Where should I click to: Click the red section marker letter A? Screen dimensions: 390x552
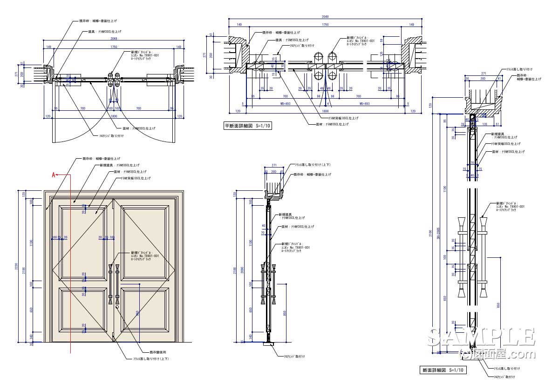tap(54, 175)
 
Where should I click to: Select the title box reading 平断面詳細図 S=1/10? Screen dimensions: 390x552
tap(247, 126)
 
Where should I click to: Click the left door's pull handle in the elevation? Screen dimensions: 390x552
tap(110, 284)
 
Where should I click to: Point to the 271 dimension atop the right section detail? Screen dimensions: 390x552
tap(483, 74)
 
